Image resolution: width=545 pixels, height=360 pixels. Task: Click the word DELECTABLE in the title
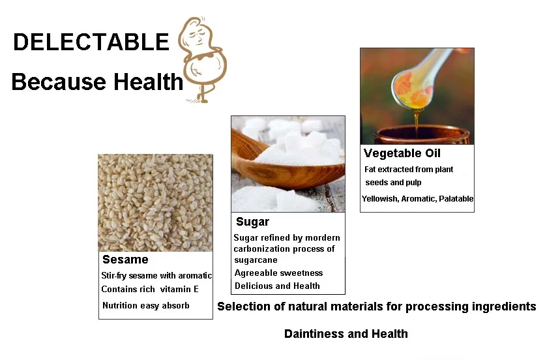[91, 42]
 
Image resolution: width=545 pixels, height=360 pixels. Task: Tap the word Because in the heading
[59, 82]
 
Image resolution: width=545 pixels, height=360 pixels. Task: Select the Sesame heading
[125, 260]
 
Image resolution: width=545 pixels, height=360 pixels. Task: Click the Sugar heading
[253, 222]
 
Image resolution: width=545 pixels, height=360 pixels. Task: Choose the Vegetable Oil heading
[402, 153]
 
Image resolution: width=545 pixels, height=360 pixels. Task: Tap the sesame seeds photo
[155, 203]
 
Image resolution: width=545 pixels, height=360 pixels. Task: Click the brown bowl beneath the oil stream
[421, 135]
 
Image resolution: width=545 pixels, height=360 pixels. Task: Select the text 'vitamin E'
[179, 290]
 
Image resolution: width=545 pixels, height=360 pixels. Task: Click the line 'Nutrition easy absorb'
[146, 306]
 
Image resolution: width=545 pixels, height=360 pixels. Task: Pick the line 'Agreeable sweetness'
[279, 273]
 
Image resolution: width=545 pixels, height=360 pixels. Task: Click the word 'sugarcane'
[256, 260]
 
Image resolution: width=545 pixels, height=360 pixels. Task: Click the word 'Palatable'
[456, 199]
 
